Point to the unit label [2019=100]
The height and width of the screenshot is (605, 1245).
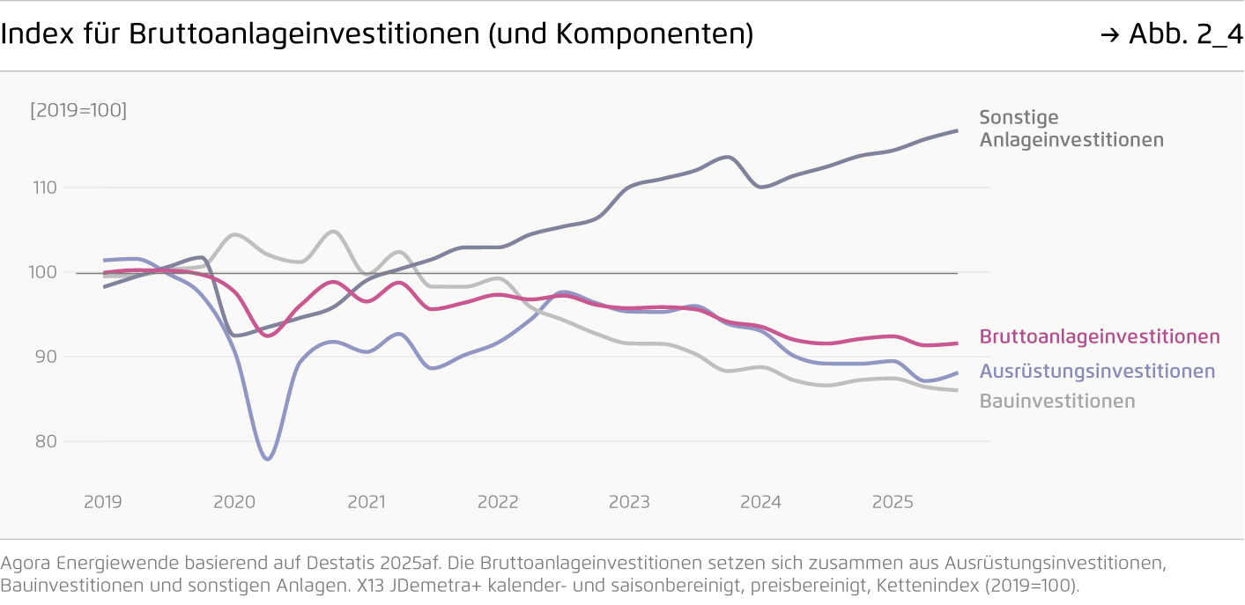(78, 111)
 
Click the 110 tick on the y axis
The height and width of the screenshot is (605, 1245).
(46, 188)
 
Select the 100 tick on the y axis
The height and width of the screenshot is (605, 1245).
(46, 272)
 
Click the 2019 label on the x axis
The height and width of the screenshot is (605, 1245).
(103, 502)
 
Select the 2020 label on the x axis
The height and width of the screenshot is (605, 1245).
(234, 502)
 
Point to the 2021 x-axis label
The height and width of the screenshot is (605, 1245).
(366, 502)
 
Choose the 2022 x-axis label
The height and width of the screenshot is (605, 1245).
(498, 502)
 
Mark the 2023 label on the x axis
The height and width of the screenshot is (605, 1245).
(629, 502)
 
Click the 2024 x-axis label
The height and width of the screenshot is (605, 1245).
(760, 502)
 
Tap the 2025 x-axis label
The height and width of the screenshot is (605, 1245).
(893, 502)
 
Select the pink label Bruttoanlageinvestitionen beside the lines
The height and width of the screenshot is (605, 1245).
(1100, 336)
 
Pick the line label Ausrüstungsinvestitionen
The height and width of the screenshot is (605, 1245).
(1097, 372)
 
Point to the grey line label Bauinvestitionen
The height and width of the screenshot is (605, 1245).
(1057, 401)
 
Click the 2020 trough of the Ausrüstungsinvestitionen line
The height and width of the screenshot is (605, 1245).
(267, 459)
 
